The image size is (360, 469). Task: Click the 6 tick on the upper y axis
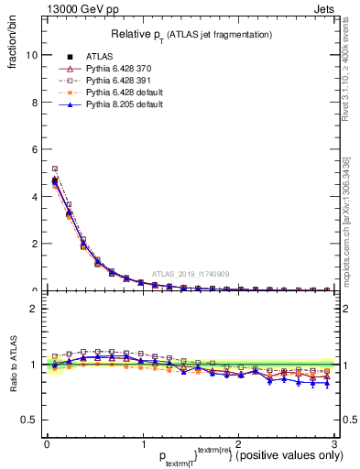click(33, 148)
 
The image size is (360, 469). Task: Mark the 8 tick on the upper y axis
click(33, 102)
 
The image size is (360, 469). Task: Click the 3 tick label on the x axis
click(335, 443)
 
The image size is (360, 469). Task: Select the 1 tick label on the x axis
click(143, 443)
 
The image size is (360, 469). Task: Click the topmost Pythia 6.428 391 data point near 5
click(55, 169)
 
